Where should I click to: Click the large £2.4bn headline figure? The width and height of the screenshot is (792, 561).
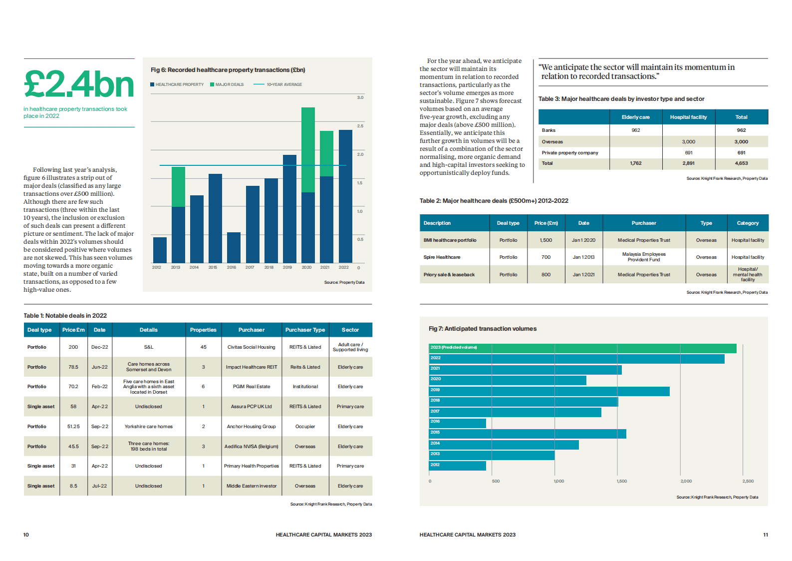click(79, 84)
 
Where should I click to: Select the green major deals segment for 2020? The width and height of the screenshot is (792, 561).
click(308, 150)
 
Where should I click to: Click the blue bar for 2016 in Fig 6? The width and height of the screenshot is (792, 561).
click(234, 247)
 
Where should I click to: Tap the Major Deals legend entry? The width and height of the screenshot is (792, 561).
click(227, 84)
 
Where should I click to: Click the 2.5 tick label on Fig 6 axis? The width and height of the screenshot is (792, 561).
click(360, 126)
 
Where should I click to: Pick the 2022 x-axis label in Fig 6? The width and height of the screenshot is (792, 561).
click(344, 267)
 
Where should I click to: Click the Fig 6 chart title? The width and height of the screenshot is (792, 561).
click(228, 70)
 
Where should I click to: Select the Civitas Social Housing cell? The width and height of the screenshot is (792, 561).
click(251, 347)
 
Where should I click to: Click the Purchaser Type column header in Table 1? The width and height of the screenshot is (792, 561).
click(305, 330)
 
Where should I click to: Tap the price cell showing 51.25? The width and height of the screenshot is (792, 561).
click(73, 427)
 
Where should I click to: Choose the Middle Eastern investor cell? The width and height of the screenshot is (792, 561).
click(251, 486)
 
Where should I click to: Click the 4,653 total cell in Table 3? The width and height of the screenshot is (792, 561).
click(741, 163)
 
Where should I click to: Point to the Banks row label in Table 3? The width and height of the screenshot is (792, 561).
click(549, 130)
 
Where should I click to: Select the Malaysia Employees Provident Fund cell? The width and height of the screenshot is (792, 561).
click(644, 257)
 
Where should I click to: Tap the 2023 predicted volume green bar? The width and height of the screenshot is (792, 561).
click(582, 348)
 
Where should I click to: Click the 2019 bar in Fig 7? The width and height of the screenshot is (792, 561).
click(549, 391)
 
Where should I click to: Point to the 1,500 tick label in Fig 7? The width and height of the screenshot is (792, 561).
click(622, 481)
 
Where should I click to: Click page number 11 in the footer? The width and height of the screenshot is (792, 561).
click(766, 535)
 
